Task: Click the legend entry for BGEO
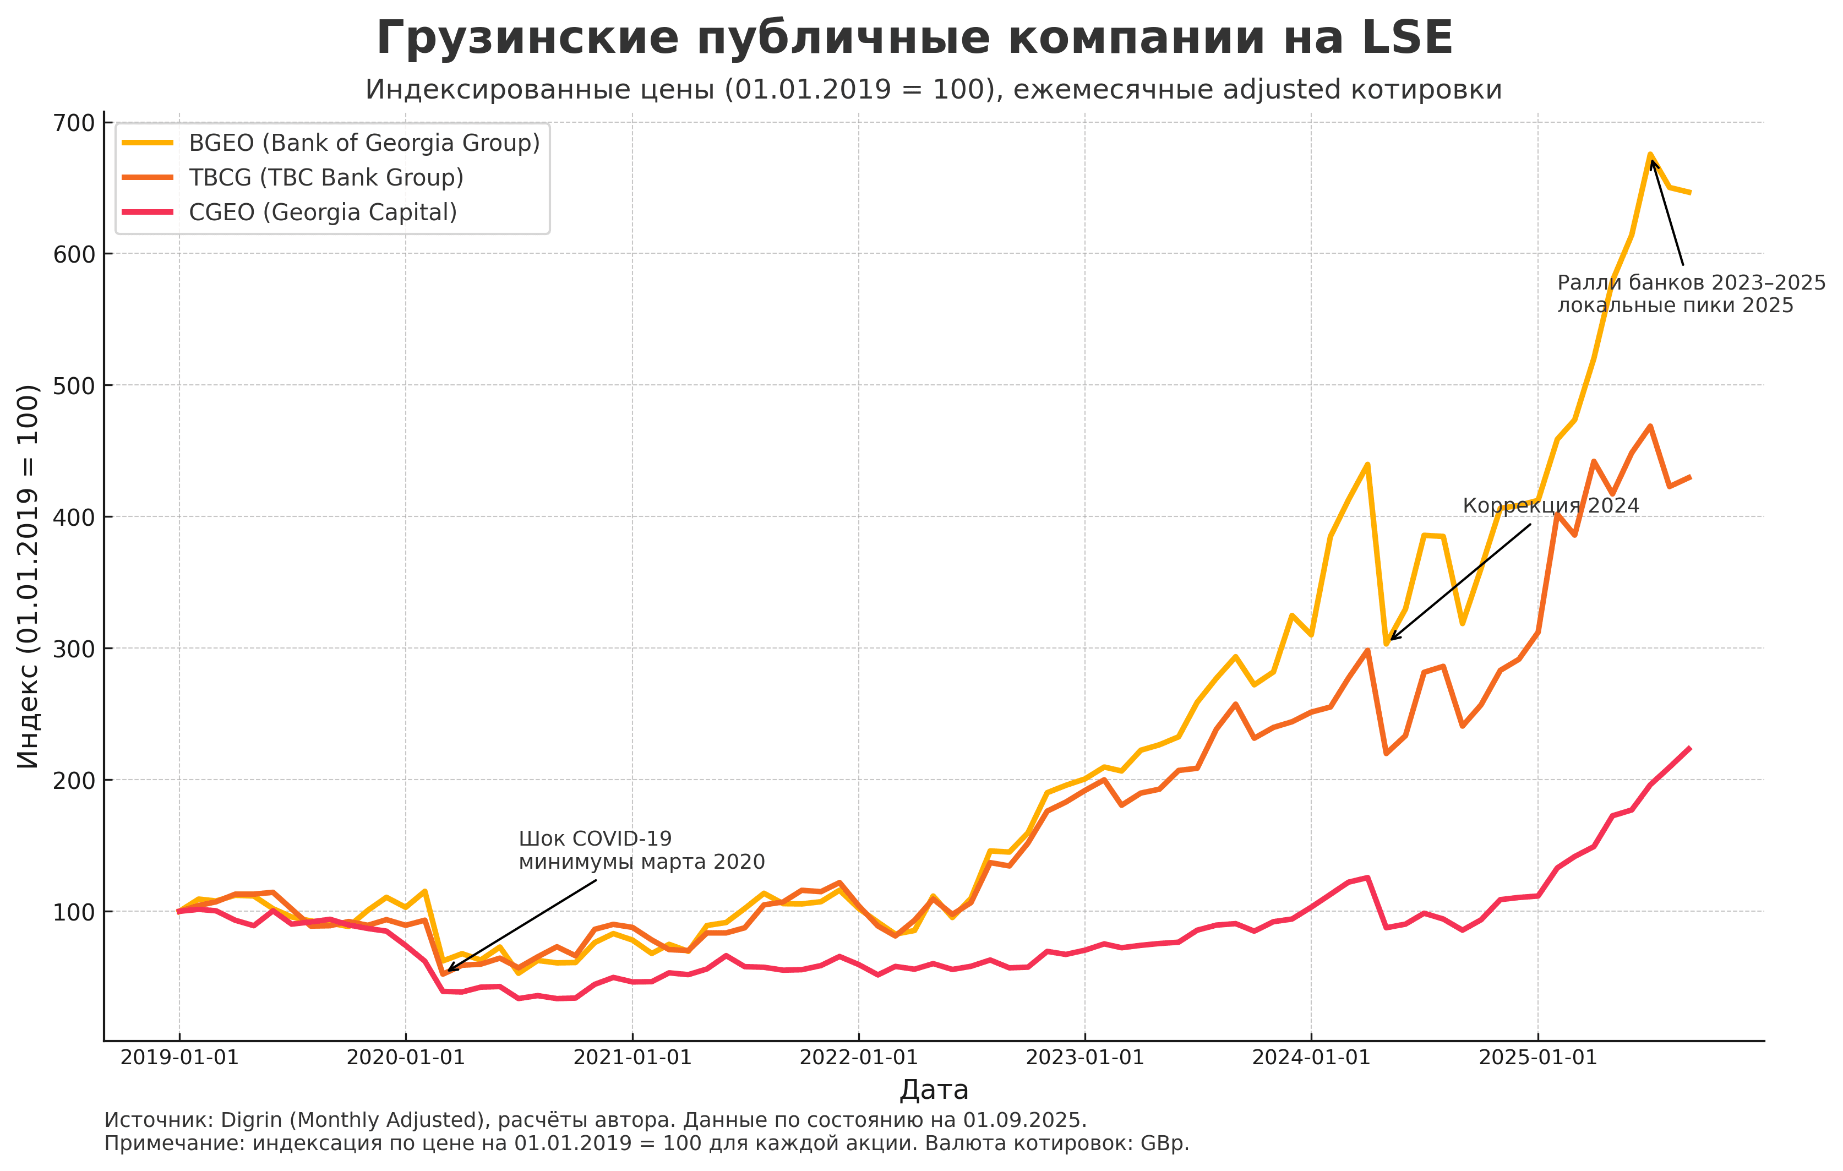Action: click(363, 143)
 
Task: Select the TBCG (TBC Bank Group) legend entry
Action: click(326, 178)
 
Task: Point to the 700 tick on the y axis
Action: click(73, 123)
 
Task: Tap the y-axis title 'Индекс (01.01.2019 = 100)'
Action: click(28, 577)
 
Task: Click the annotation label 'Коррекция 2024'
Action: click(1551, 506)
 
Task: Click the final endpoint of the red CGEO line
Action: click(1690, 749)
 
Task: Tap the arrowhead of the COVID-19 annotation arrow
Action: click(449, 970)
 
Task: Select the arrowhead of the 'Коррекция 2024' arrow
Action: click(1391, 640)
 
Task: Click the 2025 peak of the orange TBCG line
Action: click(1650, 426)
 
